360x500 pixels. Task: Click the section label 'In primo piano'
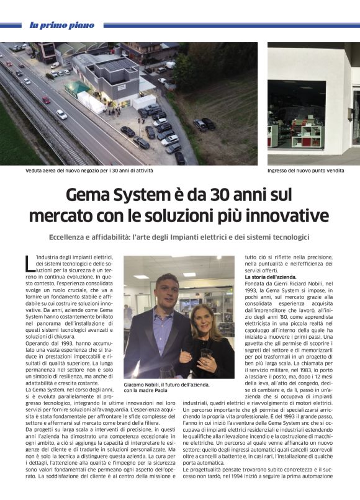pos(62,25)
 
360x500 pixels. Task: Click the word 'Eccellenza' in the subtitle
pos(72,238)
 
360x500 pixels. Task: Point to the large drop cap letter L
pos(30,263)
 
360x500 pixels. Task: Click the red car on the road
pos(46,99)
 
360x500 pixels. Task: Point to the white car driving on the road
pos(61,114)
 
